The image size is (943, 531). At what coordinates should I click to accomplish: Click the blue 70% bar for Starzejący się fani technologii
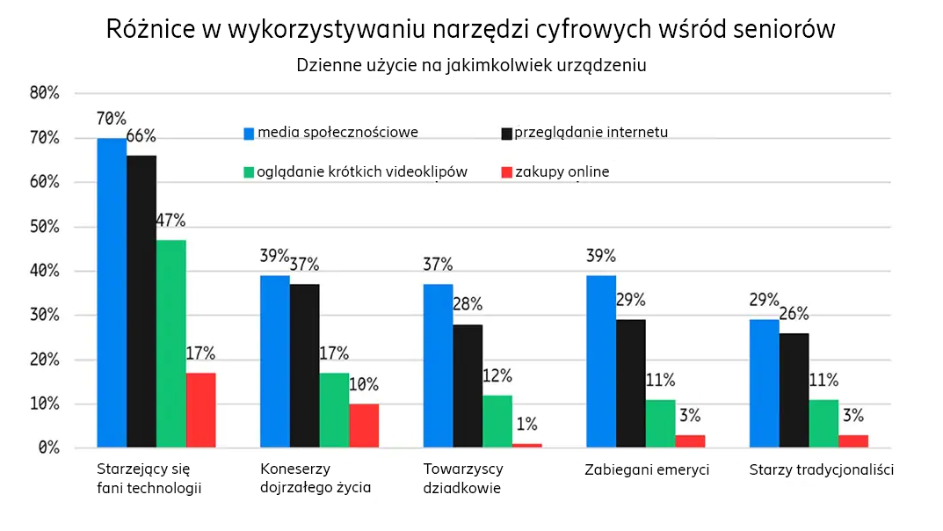[112, 293]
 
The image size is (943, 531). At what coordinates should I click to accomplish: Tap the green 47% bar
[171, 344]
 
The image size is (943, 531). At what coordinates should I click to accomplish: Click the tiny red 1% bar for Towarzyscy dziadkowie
[527, 446]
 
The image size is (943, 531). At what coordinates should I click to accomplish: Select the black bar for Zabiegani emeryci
[631, 383]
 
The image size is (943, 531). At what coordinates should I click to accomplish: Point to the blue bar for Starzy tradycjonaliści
[765, 383]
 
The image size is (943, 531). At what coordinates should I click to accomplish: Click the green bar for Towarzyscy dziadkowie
[497, 421]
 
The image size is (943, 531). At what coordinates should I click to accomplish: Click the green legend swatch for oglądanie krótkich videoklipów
[249, 172]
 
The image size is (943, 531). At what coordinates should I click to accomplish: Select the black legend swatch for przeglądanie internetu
[506, 134]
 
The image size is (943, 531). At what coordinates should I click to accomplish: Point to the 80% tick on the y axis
[44, 93]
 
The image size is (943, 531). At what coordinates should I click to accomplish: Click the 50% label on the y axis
[44, 227]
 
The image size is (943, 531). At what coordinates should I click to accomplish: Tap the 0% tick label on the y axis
[48, 448]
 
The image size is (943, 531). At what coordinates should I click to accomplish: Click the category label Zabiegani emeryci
[647, 469]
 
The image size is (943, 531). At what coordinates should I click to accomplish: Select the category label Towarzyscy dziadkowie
[462, 478]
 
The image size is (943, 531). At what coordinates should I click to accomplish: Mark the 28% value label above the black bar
[468, 305]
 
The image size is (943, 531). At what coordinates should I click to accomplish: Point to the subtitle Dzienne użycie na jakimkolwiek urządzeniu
[471, 66]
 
